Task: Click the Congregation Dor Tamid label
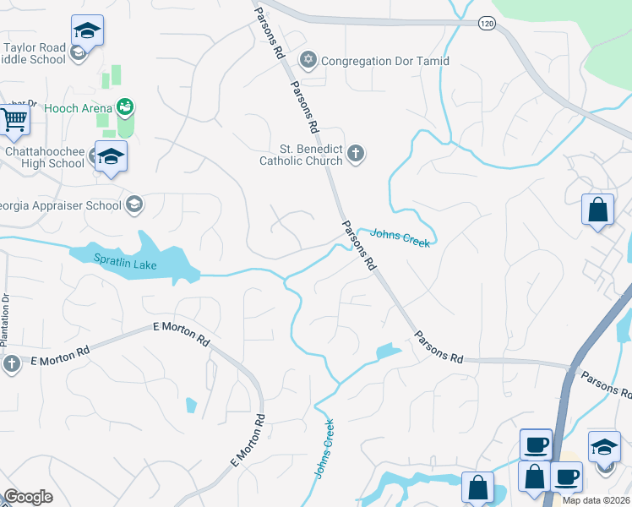coord(385,61)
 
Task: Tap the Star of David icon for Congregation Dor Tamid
coord(309,61)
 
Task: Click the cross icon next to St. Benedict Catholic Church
coord(356,153)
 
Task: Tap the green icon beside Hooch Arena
coord(126,107)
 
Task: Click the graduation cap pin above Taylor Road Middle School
coord(87,32)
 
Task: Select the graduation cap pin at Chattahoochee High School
coord(111,156)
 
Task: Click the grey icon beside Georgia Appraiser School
coord(133,204)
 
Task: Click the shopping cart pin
coord(14,120)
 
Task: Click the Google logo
coord(28,497)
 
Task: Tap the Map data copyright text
coord(596,500)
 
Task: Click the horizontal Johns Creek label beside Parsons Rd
coord(400,238)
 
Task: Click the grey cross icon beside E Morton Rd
coord(12,363)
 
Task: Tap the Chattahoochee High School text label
coord(43,158)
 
